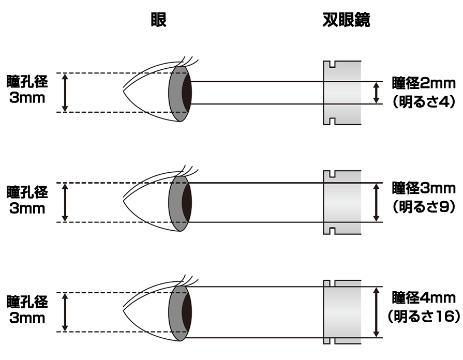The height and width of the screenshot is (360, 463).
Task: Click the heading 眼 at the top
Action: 158,20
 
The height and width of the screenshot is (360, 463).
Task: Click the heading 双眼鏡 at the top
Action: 346,20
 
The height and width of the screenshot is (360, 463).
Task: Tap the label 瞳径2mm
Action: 423,83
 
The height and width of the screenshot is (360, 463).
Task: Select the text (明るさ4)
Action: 423,102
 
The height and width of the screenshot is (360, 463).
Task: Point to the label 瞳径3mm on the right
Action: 423,187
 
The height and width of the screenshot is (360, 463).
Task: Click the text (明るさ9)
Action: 423,207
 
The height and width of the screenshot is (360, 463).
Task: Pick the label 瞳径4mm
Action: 423,298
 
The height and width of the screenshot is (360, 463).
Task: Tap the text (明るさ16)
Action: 423,316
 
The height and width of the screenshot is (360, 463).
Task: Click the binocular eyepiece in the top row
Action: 342,93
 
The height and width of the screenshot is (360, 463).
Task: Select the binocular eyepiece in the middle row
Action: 342,202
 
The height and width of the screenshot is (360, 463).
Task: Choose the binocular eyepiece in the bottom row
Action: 342,312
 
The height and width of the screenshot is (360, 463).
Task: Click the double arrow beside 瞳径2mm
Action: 377,93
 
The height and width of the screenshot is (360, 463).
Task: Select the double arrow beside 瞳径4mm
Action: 377,312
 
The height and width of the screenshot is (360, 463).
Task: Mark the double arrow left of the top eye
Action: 65,93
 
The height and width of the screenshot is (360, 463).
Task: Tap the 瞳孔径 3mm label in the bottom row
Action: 27,309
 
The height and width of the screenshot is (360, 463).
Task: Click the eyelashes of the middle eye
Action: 188,171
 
